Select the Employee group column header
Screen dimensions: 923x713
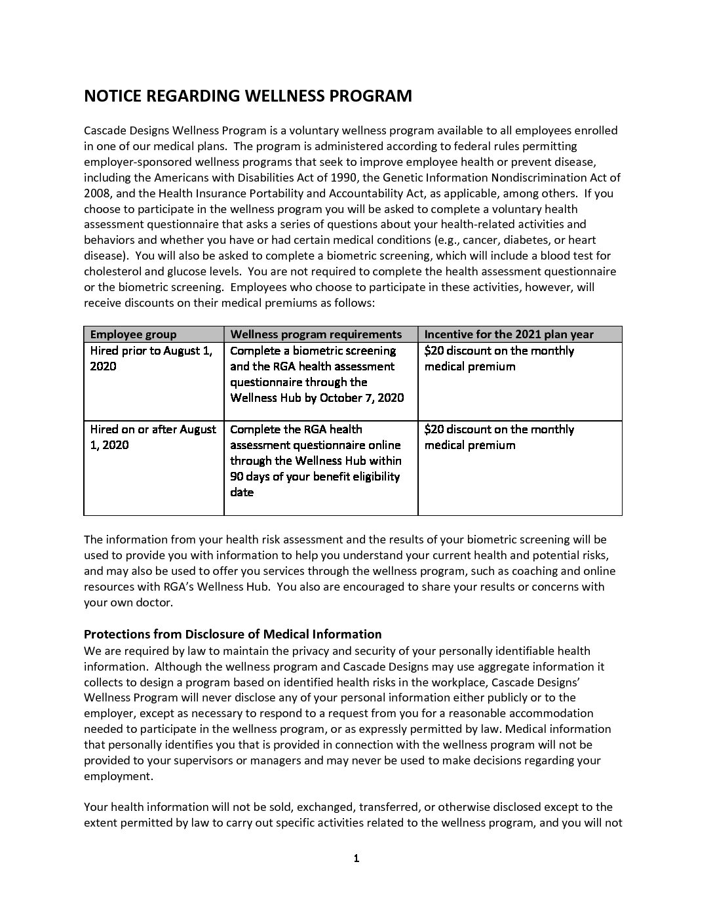(133, 334)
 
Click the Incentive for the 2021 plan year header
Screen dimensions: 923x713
(509, 334)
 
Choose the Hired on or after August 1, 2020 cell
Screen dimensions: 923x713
(153, 437)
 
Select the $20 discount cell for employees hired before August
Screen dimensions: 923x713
(499, 359)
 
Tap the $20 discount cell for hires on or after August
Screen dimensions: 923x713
(499, 437)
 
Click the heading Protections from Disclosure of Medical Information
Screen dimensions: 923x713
(233, 634)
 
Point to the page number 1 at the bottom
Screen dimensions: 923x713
(356, 859)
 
